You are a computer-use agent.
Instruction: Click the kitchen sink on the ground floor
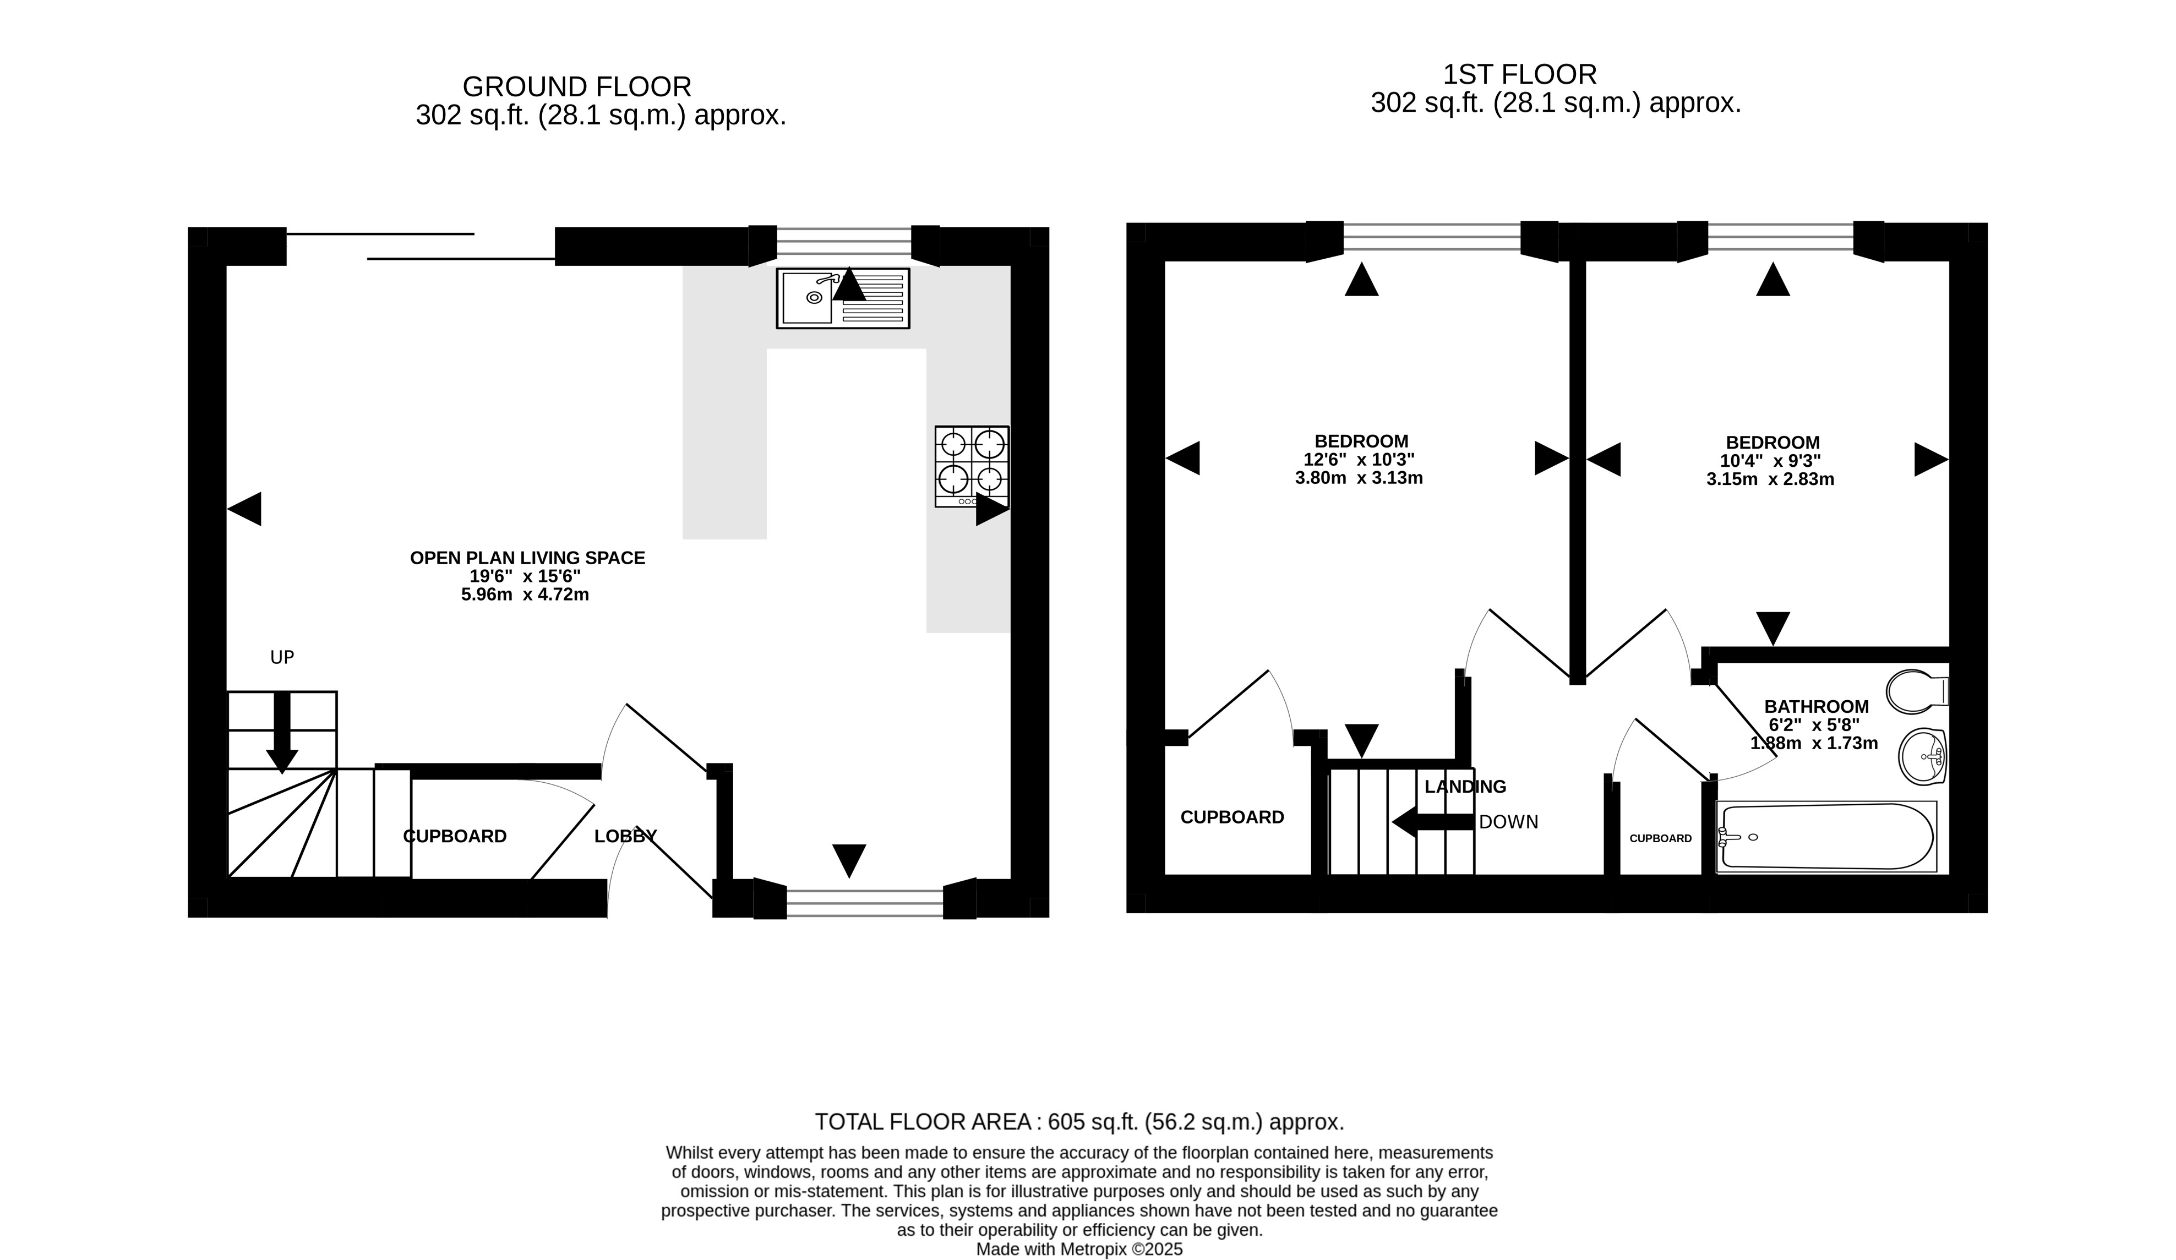tap(843, 298)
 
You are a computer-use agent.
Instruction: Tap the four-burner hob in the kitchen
tap(972, 466)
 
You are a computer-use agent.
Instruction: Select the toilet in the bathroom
tap(1917, 692)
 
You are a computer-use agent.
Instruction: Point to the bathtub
tap(1826, 837)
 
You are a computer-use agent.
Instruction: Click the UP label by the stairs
tap(282, 658)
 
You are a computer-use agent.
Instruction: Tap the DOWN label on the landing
tap(1508, 822)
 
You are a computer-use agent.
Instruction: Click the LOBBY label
tap(625, 836)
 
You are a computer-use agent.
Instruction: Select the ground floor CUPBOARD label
tap(455, 836)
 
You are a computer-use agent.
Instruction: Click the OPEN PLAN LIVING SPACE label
tap(527, 558)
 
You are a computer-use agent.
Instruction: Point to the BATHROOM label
tap(1817, 706)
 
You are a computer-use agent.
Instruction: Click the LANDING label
tap(1465, 787)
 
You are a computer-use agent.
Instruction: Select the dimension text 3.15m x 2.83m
tap(1770, 479)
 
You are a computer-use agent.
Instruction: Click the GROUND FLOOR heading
tap(577, 86)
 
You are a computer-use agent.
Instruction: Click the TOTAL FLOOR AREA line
tap(1080, 1122)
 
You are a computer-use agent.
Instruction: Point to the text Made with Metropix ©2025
tap(1079, 1250)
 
